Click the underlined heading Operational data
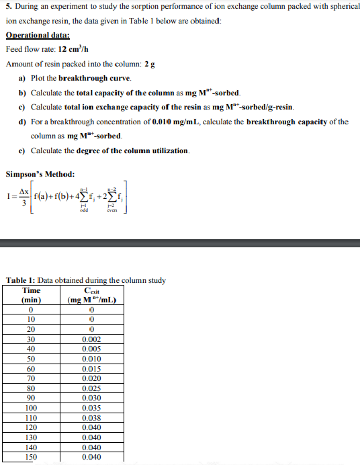tap(38, 36)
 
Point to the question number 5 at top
tap(7, 7)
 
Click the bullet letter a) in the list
tap(23, 78)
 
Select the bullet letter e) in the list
tap(23, 151)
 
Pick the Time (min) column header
tap(31, 294)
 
